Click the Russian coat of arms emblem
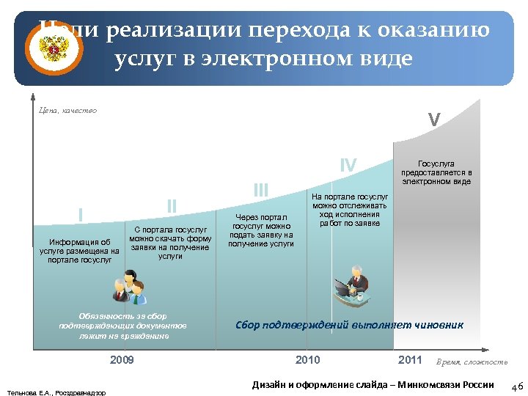click(x=53, y=51)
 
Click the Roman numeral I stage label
click(x=80, y=214)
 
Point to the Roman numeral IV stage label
click(x=348, y=166)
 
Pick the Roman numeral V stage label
click(x=434, y=120)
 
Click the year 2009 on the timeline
click(x=122, y=360)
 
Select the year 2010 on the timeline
click(x=307, y=359)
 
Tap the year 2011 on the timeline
click(x=410, y=359)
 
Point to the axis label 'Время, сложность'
click(x=472, y=362)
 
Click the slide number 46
click(x=516, y=386)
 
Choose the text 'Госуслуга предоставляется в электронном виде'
click(x=436, y=172)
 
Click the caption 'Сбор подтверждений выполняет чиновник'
click(x=349, y=326)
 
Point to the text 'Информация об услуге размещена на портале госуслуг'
click(x=79, y=250)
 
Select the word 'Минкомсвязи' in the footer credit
click(x=428, y=385)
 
